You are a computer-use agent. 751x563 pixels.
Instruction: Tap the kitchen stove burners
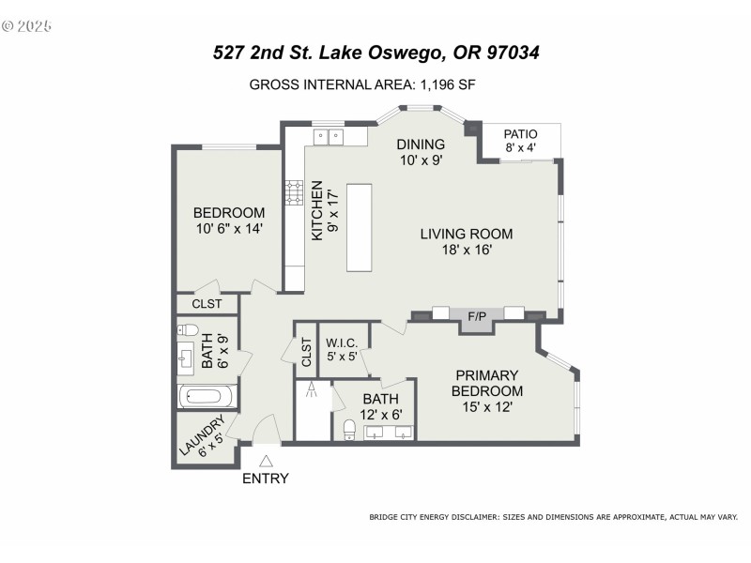[x=293, y=198]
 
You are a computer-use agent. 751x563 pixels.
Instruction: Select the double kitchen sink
[x=327, y=137]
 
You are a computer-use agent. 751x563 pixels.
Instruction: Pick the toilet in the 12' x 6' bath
[x=349, y=430]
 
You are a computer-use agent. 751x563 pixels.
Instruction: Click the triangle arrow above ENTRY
[x=267, y=461]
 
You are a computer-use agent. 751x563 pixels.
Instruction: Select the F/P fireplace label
[x=477, y=316]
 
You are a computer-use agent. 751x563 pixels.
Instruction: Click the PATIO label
[x=521, y=133]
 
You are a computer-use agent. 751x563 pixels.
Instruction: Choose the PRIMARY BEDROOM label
[x=486, y=383]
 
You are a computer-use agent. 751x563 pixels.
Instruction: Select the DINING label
[x=420, y=144]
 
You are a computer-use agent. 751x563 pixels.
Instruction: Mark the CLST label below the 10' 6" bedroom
[x=207, y=304]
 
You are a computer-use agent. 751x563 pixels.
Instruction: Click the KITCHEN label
[x=317, y=211]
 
